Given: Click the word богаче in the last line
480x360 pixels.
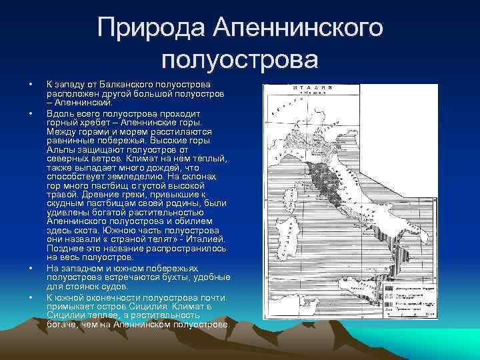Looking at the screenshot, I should tap(65, 324).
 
